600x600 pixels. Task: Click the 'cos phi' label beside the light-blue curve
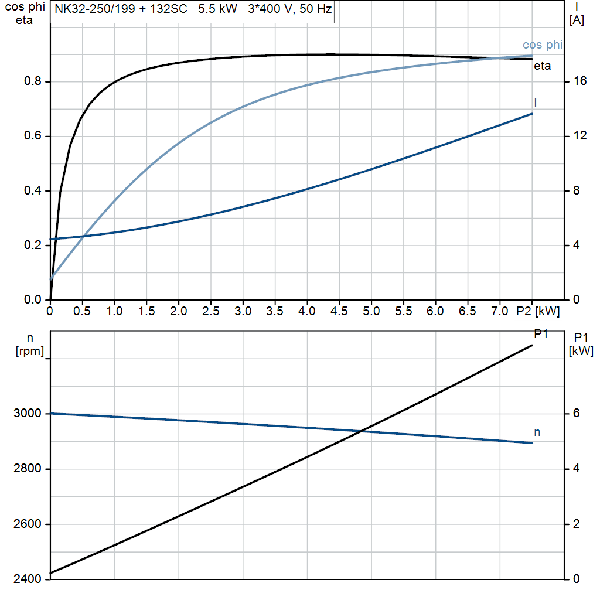tap(543, 45)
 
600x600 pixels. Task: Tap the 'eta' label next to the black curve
tap(542, 66)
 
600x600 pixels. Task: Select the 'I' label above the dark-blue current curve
tap(536, 103)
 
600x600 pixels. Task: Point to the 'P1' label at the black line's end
tap(541, 334)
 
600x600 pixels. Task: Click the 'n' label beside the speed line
tap(537, 432)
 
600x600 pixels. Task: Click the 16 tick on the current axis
tap(580, 81)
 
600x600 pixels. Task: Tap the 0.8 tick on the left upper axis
tap(32, 81)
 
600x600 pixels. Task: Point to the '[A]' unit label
tap(577, 21)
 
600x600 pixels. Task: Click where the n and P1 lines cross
tap(362, 431)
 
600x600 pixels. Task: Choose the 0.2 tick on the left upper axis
tap(32, 246)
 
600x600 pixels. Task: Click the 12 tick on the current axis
tap(580, 136)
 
